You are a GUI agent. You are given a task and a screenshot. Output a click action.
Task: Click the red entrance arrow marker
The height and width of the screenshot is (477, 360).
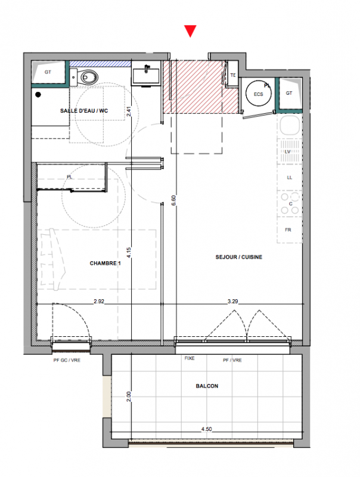click(190, 30)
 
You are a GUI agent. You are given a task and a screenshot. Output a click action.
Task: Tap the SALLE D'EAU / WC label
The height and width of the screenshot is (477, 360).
click(84, 111)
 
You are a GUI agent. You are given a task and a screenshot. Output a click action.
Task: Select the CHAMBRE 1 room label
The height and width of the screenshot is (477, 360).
click(105, 263)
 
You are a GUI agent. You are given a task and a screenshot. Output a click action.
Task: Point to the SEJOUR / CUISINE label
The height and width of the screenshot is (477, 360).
click(238, 257)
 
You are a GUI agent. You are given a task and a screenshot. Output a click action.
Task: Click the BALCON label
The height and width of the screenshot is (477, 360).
click(207, 386)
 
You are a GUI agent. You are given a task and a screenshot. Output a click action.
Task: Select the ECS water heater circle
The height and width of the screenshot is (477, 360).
click(259, 94)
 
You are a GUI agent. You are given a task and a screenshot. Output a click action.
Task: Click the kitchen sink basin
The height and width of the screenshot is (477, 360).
click(289, 125)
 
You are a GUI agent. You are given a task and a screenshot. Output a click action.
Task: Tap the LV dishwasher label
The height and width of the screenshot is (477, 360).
click(288, 151)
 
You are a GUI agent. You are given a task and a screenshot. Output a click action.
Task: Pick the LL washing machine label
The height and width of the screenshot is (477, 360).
click(290, 177)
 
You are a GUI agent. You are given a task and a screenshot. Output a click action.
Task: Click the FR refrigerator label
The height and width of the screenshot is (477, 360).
click(288, 230)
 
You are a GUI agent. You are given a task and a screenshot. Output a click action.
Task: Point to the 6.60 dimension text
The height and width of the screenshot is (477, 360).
click(173, 200)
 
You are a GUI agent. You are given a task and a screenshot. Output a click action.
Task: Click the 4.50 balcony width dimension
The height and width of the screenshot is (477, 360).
click(206, 429)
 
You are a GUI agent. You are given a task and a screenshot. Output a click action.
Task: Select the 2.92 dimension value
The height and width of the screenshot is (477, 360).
click(99, 301)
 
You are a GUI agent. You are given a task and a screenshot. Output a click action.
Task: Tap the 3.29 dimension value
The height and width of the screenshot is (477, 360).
click(232, 301)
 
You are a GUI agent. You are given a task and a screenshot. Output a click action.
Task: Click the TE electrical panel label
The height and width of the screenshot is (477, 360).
click(233, 75)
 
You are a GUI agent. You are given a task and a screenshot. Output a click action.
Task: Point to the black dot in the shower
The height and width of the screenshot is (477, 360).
click(38, 95)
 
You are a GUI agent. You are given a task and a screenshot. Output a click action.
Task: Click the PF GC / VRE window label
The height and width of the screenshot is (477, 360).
click(67, 360)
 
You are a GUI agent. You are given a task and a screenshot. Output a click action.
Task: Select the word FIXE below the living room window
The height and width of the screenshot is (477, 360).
click(190, 358)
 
